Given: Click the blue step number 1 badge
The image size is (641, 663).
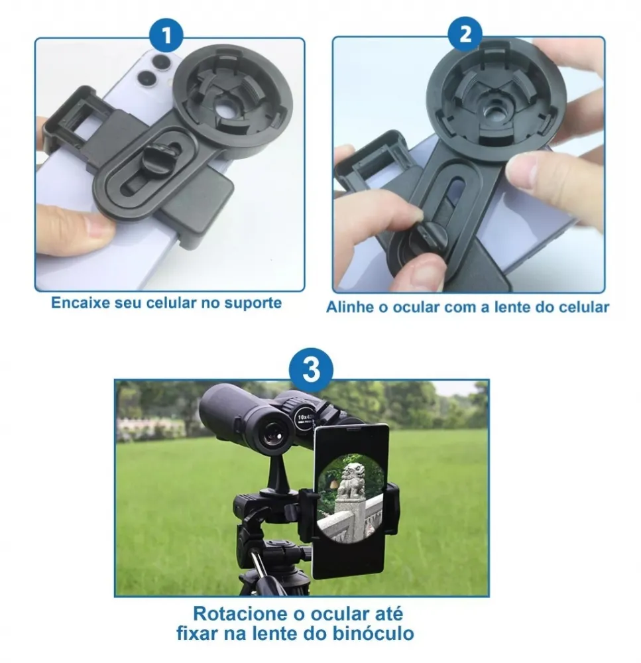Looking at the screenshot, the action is (x=166, y=34).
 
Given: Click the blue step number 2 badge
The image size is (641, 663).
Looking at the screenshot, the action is (x=465, y=34).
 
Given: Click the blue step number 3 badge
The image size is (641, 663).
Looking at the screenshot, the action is (x=311, y=369).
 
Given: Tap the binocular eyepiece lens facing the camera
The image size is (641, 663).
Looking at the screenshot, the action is (x=272, y=438).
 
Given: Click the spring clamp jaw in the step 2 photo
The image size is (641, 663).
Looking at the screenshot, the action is (x=371, y=162).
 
